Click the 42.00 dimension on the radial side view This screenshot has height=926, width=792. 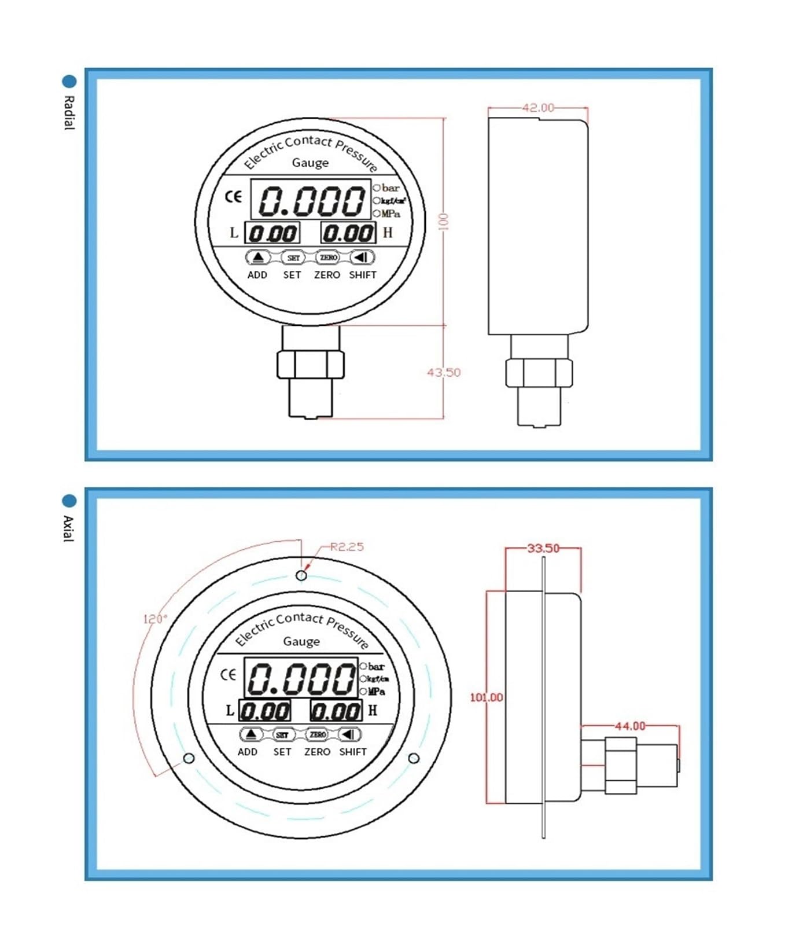click(537, 108)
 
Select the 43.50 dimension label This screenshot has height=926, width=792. click(444, 372)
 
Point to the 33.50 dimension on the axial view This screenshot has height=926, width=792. click(543, 548)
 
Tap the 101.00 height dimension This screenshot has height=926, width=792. click(486, 697)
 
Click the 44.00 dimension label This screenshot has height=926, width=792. click(629, 726)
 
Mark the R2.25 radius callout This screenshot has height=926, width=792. click(347, 547)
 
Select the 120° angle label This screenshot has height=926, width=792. click(154, 619)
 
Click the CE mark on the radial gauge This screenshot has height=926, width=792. click(233, 197)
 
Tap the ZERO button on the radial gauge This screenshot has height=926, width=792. click(328, 257)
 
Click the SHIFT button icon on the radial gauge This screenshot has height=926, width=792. click(362, 257)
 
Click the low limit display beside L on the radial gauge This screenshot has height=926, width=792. click(272, 233)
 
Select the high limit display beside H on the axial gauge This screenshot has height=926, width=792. click(336, 711)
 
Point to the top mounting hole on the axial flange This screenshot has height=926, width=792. click(301, 575)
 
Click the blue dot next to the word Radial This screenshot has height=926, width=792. click(69, 82)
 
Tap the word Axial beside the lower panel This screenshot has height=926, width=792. click(69, 528)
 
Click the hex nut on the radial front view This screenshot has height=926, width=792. click(310, 365)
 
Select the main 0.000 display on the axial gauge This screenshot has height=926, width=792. click(301, 678)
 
